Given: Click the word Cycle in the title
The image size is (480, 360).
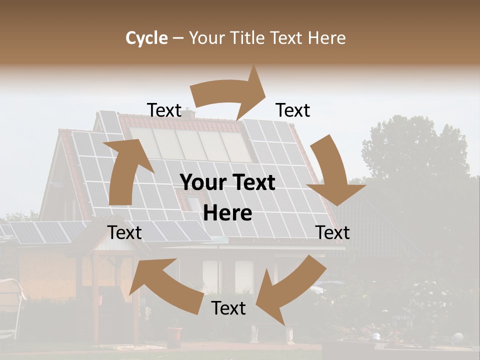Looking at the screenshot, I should pyautogui.click(x=146, y=38).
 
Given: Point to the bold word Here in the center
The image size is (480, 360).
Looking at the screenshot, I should pyautogui.click(x=227, y=213).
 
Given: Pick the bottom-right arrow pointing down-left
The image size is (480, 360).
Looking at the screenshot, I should pyautogui.click(x=287, y=290).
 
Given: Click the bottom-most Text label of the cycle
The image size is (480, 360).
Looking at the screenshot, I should pyautogui.click(x=228, y=308).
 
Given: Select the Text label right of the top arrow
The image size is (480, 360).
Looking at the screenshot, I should pyautogui.click(x=293, y=110).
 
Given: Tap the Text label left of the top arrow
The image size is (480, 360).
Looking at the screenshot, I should pyautogui.click(x=164, y=110).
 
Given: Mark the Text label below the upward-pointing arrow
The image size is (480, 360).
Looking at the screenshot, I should pyautogui.click(x=124, y=232).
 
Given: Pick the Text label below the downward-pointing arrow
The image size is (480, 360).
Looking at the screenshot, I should pyautogui.click(x=332, y=232).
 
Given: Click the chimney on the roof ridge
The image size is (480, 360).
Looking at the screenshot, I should pyautogui.click(x=188, y=113).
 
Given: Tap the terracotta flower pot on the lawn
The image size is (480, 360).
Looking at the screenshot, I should pyautogui.click(x=174, y=334).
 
